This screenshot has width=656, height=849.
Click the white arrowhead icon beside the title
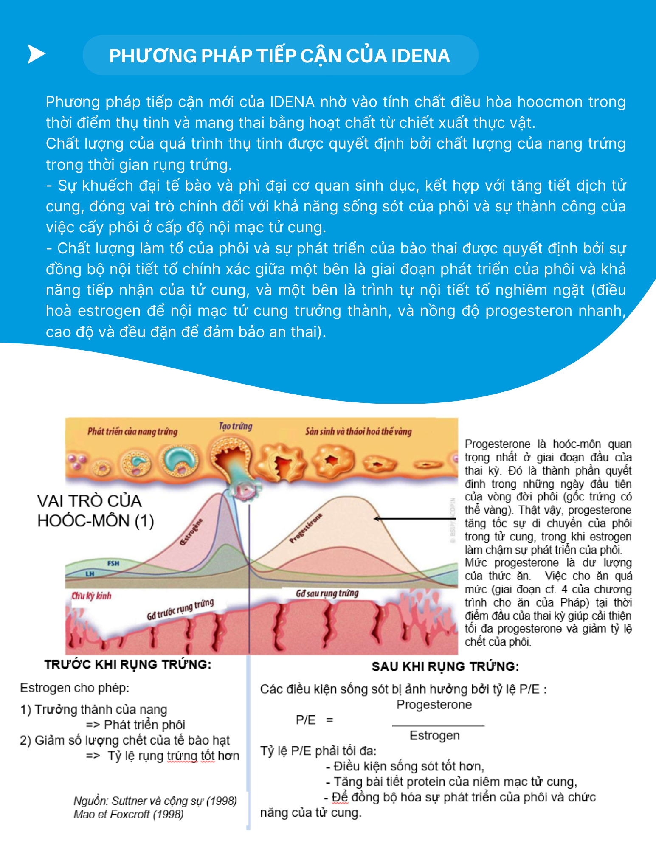pos(36,54)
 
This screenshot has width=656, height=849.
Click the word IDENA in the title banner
pos(420,56)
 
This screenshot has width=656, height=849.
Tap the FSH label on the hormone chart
pos(113,563)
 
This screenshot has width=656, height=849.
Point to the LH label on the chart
pos(90,574)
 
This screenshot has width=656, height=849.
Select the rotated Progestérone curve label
pos(306,528)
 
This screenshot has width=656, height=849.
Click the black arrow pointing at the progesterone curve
pos(408,519)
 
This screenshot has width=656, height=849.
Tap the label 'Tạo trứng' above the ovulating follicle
pos(235,426)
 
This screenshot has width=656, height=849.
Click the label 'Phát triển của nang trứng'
pos(132,432)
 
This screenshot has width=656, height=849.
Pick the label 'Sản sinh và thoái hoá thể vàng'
pos(358,432)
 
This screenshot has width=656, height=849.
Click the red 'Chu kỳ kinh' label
pos(91,596)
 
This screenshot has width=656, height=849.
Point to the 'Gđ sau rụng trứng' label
pos(327,593)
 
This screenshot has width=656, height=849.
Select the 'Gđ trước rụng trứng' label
pos(180,610)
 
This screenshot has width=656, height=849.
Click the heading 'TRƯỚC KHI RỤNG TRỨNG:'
pos(128,664)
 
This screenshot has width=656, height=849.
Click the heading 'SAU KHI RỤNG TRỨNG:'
pos(445,666)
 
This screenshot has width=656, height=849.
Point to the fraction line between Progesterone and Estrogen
pos(438,726)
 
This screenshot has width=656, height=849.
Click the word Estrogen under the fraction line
pos(434,735)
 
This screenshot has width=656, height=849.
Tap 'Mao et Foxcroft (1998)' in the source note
pos(128,814)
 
